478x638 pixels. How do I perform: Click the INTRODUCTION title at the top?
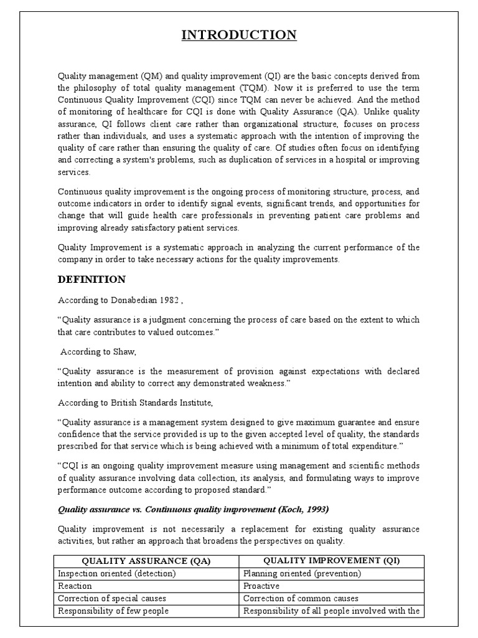coord(239,35)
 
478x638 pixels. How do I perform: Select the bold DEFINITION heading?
coord(91,279)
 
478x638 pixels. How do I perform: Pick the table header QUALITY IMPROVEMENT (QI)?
coord(330,561)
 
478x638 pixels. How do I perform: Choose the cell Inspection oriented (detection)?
coord(116,573)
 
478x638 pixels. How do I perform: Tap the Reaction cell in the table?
coord(75,586)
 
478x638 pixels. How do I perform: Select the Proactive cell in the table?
coord(261,586)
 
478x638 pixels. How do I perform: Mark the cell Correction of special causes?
coord(112,598)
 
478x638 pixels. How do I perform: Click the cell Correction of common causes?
coord(301,598)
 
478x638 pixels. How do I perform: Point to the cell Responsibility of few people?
coord(113,611)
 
